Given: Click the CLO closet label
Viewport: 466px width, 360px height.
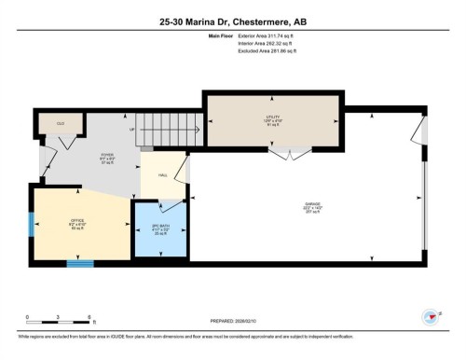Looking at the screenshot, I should point(61,123).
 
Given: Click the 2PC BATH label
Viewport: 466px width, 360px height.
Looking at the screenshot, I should point(160,229).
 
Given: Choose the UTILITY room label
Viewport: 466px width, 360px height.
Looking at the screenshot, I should point(273,119).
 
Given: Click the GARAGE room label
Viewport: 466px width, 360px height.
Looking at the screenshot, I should point(312,205).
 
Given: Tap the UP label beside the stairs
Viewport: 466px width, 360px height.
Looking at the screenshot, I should point(132,130).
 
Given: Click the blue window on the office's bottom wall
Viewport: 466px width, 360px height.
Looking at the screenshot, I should point(80,264).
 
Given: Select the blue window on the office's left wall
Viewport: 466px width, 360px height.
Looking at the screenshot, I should point(31,224).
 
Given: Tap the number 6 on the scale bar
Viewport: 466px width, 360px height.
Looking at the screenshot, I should point(88,317).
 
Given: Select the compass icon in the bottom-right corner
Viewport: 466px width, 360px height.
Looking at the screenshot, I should point(432,316).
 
